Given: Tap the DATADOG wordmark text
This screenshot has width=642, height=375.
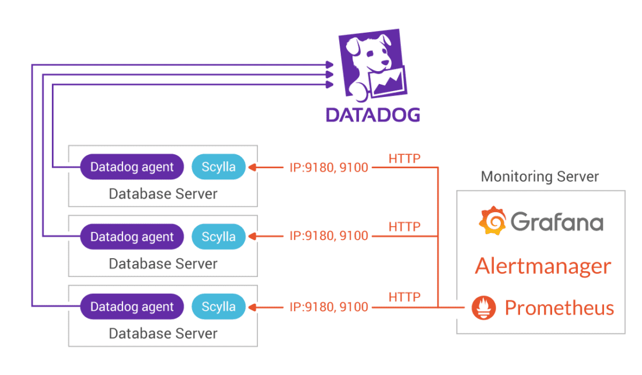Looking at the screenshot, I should click(372, 114).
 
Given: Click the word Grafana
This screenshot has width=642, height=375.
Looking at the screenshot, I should click(557, 222).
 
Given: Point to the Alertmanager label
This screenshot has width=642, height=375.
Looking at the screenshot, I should click(543, 266).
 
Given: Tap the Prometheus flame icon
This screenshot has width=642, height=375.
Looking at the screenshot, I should click(484, 307).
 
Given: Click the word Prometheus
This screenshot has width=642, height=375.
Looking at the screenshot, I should click(559, 307).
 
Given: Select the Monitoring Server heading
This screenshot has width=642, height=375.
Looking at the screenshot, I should click(540, 176).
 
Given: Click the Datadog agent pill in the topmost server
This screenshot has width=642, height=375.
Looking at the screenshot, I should click(132, 167).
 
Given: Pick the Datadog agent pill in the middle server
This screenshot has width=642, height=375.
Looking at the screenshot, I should click(132, 237).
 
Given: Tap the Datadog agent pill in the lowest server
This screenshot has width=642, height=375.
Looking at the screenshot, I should click(132, 307).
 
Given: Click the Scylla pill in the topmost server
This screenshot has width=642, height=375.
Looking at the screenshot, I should click(218, 167).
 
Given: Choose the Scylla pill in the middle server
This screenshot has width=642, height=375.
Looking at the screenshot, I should click(218, 237).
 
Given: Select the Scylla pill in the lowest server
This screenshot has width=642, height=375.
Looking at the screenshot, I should click(218, 307).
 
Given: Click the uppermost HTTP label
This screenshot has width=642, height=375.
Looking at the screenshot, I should click(404, 158).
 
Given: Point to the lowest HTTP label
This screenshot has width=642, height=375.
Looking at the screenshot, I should click(404, 297).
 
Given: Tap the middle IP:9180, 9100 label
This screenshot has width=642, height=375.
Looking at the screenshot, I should click(329, 237).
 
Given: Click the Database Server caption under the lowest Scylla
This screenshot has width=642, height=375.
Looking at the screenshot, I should click(163, 334).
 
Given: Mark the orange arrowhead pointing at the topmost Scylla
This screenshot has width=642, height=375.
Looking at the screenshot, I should click(252, 168).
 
